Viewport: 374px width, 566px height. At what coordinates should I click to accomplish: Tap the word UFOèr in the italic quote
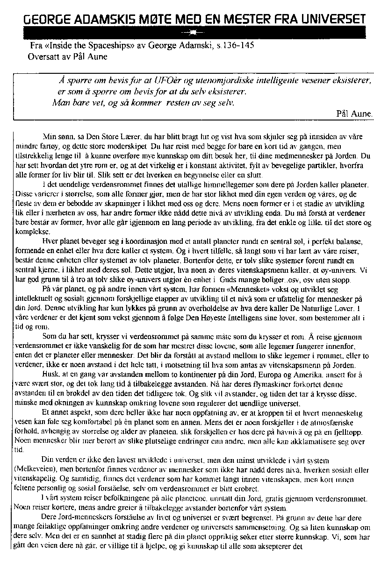pos(170,79)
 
